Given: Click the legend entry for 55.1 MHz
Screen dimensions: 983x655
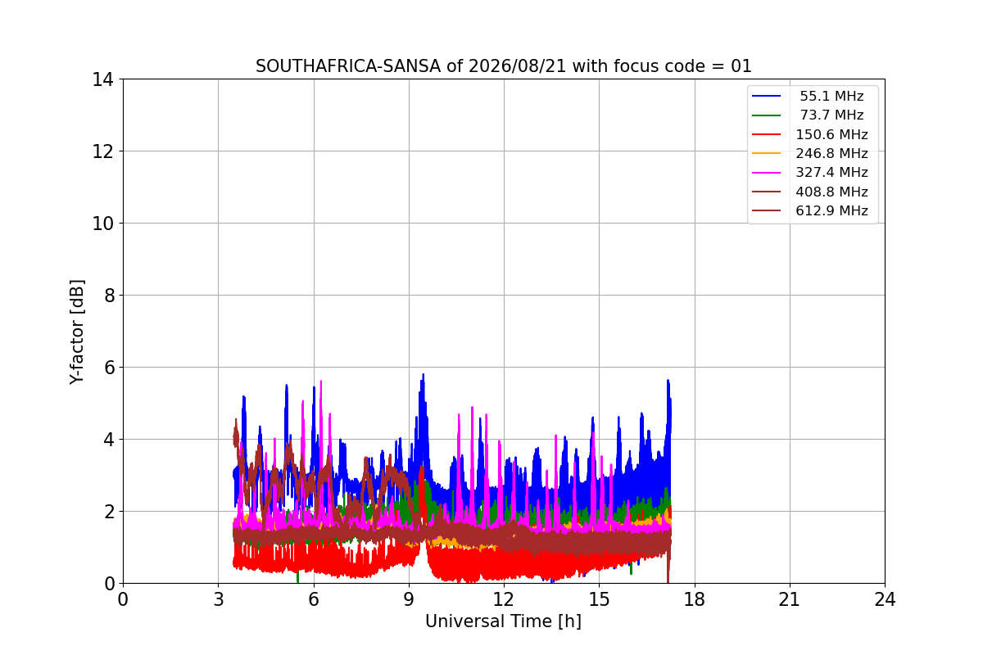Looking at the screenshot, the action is click(x=831, y=96).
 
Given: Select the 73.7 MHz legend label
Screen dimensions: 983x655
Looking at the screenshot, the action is click(x=831, y=115).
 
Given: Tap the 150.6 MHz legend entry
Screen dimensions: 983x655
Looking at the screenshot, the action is click(x=831, y=134).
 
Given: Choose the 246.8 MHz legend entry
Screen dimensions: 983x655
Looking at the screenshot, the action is click(x=831, y=153).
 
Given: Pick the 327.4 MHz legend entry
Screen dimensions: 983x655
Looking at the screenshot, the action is click(x=831, y=173).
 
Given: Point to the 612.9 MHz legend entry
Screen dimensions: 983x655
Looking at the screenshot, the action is click(x=831, y=210).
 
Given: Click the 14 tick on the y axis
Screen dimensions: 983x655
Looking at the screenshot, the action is click(x=102, y=80).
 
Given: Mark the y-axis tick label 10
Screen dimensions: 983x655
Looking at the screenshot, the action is click(x=102, y=224).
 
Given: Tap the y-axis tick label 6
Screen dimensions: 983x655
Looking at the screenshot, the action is click(x=109, y=368).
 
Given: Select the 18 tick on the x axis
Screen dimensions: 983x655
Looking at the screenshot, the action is click(x=695, y=599).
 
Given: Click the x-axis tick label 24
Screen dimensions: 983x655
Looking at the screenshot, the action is click(x=885, y=599).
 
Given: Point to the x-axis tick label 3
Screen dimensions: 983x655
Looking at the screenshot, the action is click(x=219, y=599).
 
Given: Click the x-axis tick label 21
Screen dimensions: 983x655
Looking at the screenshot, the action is click(x=790, y=599).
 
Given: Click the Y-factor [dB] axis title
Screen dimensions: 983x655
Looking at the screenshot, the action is click(x=77, y=332).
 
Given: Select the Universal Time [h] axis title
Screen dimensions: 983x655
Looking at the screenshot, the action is click(x=503, y=621).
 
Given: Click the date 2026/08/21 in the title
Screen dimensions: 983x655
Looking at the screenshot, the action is click(x=518, y=66).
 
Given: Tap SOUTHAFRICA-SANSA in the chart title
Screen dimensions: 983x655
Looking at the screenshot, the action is click(x=348, y=66).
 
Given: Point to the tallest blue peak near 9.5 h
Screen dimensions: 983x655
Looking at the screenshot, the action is click(x=423, y=375).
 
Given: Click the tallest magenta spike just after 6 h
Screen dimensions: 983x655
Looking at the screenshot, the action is click(x=321, y=382).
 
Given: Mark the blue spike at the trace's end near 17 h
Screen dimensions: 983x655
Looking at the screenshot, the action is click(x=668, y=381).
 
